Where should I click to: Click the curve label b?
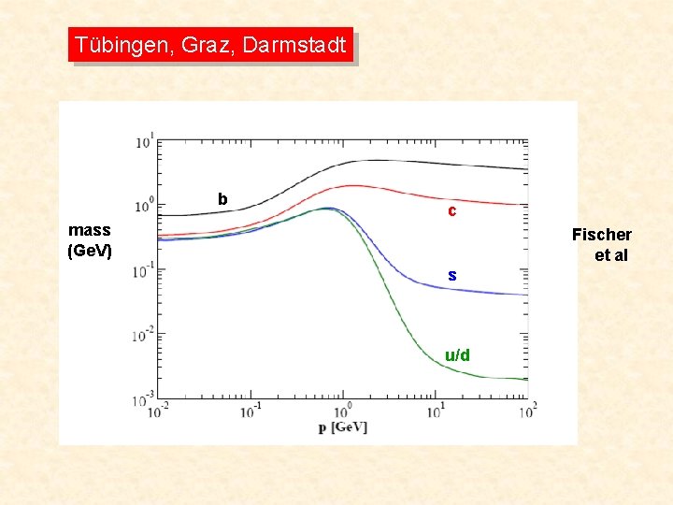coord(222,199)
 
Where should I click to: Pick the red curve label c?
coord(451,211)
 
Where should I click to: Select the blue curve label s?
coord(451,275)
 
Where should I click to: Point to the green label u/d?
coord(457,355)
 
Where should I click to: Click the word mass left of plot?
coord(90,230)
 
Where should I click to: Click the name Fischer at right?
coord(601,235)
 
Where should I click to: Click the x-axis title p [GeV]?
coord(342,427)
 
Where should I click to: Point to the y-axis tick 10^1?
coord(144,142)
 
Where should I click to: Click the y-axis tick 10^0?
coord(144,206)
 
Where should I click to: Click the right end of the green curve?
coord(526,379)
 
